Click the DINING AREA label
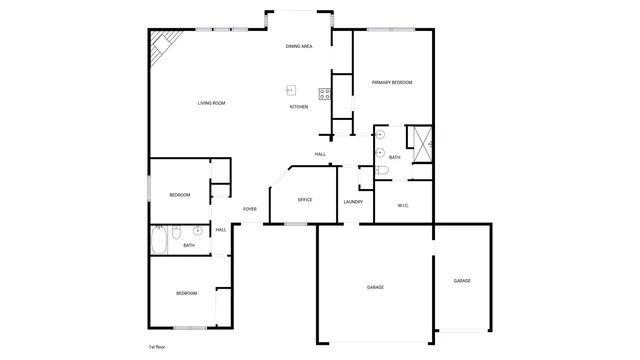[x=299, y=46]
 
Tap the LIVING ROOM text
[x=211, y=103]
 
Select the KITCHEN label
[x=299, y=107]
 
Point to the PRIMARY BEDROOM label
[x=392, y=82]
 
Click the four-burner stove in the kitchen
[x=325, y=95]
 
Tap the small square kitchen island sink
[x=291, y=90]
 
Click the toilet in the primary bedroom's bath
[x=381, y=171]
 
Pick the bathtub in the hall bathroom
[x=159, y=241]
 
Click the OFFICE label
[x=305, y=200]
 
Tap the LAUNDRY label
[x=353, y=202]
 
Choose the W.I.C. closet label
[x=403, y=206]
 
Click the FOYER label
[x=250, y=209]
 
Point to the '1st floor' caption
[x=157, y=346]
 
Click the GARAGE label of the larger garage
[x=375, y=287]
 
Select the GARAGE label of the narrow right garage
[x=462, y=281]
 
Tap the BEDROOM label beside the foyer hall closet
[x=180, y=194]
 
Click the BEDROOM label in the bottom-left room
[x=187, y=293]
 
